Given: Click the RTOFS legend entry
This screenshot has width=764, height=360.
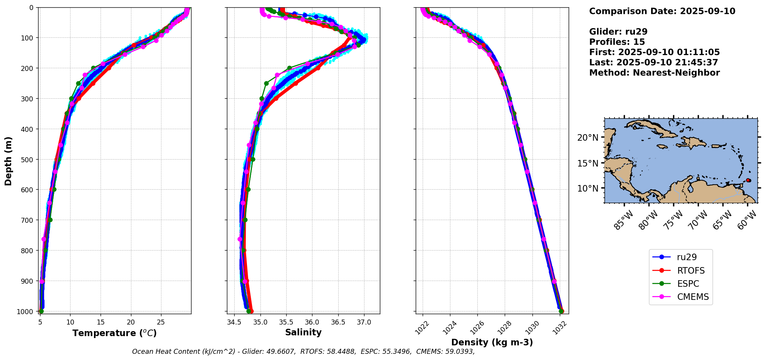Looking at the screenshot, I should (x=680, y=271).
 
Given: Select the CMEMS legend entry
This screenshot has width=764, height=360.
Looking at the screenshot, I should (x=680, y=297).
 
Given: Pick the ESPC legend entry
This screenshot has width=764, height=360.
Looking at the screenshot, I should (x=680, y=284).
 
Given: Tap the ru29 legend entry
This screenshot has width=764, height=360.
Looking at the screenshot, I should (x=680, y=257).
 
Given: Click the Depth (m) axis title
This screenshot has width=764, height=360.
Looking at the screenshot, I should (x=8, y=161).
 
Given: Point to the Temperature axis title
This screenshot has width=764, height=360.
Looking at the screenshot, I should (x=114, y=333).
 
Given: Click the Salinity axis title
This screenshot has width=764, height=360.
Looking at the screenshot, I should (x=303, y=332).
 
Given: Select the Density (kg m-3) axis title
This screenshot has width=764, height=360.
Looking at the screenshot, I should (x=492, y=342).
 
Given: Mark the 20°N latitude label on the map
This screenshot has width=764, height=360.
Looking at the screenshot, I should (x=588, y=138).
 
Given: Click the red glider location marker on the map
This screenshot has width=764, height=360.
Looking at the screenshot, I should (x=748, y=180).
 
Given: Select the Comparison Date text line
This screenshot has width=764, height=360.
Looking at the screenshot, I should (x=662, y=11).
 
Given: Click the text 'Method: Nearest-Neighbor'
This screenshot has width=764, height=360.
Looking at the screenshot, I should (x=654, y=73).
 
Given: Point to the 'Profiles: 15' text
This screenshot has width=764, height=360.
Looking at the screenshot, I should (x=617, y=42).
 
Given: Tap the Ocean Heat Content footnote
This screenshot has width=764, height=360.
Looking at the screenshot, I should (x=303, y=352).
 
